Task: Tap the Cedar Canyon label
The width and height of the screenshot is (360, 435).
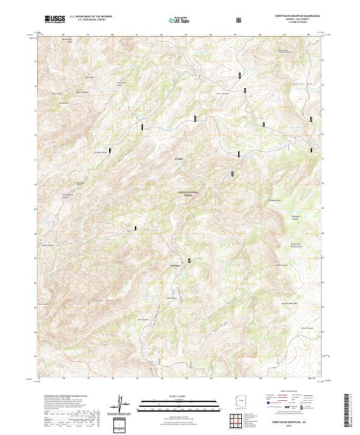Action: pos(307,328)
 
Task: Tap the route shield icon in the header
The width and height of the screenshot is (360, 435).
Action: pos(240,20)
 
